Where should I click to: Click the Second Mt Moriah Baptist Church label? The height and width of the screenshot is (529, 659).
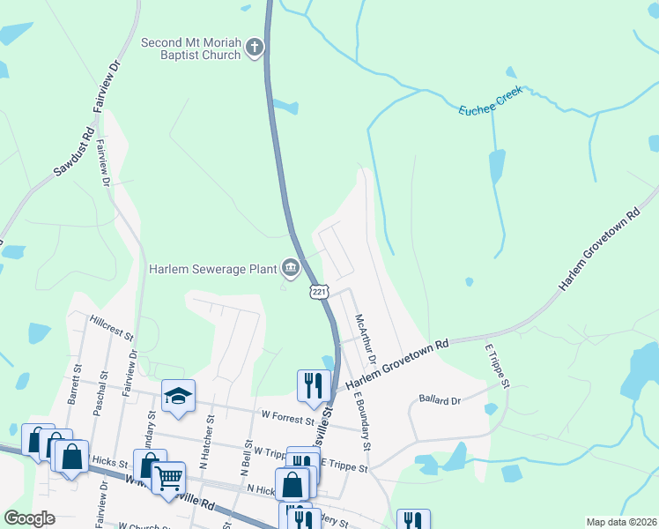point(191,48)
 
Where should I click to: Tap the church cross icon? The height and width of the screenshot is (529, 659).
point(255,48)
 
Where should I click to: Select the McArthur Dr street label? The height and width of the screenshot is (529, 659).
point(365,340)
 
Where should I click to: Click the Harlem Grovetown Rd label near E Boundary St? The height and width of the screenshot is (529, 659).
point(396,363)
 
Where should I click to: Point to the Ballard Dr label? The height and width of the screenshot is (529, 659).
point(440,400)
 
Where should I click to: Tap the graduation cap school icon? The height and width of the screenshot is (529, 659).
point(178,397)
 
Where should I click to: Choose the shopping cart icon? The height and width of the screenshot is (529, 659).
point(168,477)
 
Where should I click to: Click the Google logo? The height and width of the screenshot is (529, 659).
point(30,518)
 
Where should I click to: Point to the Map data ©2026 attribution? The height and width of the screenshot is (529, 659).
point(620,522)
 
